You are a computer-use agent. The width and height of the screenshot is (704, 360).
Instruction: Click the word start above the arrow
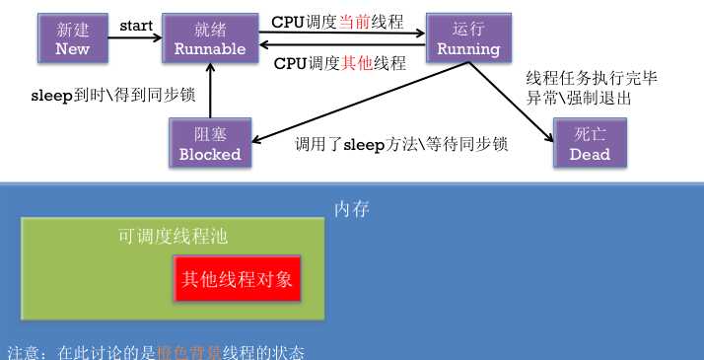pos(137,23)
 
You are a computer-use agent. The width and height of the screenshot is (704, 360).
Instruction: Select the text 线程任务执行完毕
pos(578,79)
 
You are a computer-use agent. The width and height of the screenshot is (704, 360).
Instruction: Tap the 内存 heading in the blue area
pos(352,209)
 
